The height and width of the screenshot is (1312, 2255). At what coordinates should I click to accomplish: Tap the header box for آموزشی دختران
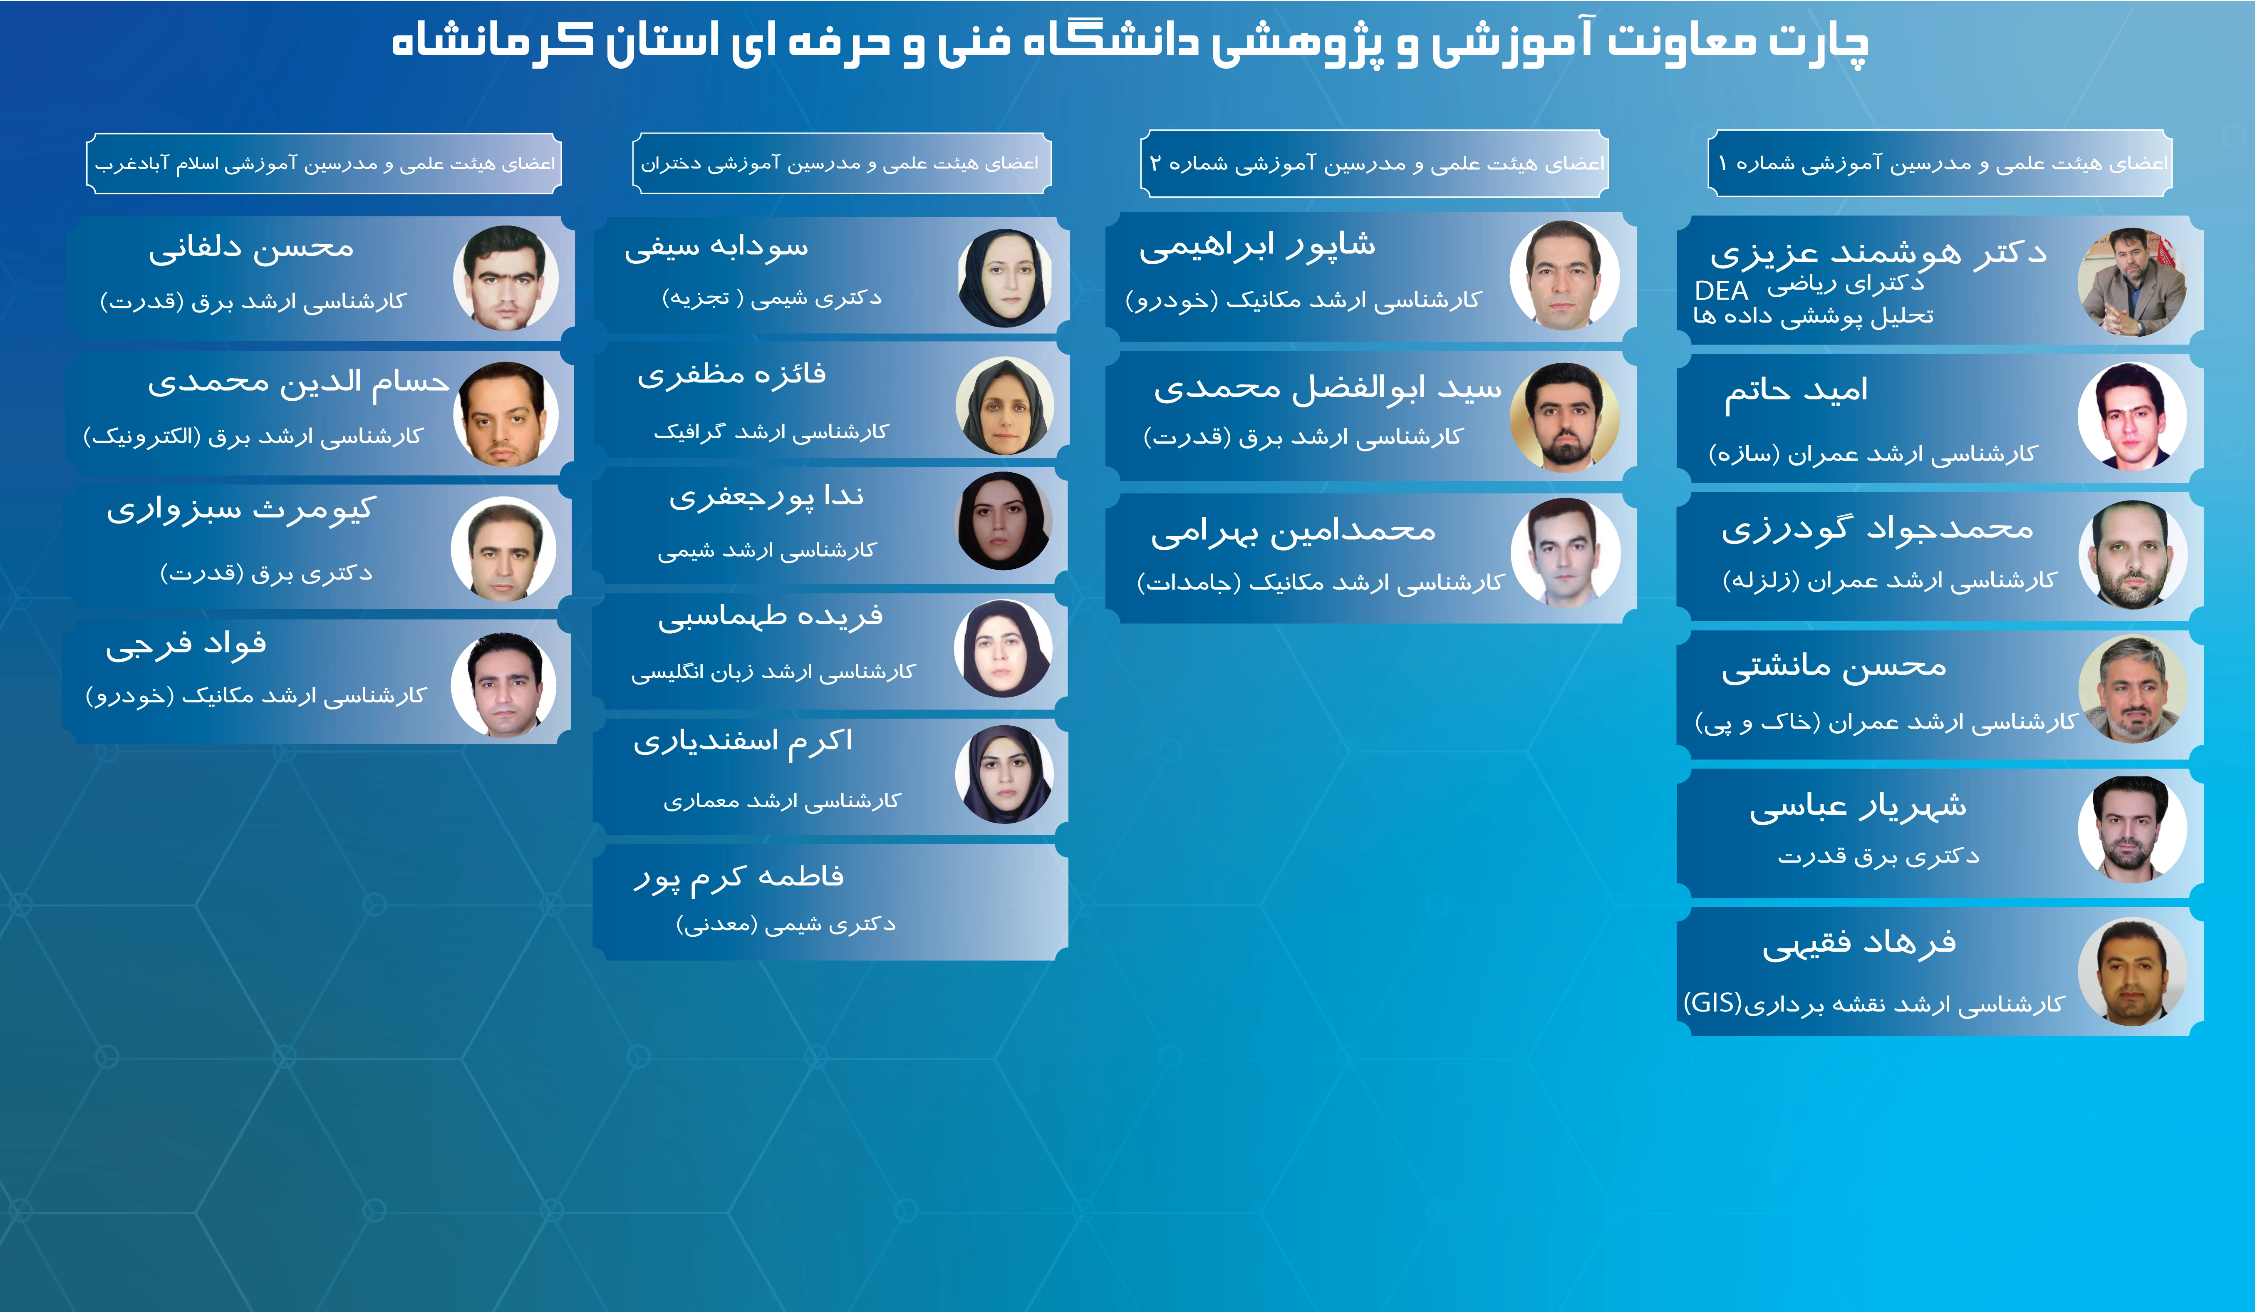(x=841, y=163)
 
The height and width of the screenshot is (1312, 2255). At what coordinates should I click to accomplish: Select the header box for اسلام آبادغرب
(x=324, y=163)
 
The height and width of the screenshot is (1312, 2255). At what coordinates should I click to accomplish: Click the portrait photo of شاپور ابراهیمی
(x=1564, y=275)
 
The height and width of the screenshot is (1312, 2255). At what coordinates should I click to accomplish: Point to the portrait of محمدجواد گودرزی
(x=2132, y=555)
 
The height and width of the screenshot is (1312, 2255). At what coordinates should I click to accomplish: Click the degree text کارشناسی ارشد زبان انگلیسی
(x=773, y=671)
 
